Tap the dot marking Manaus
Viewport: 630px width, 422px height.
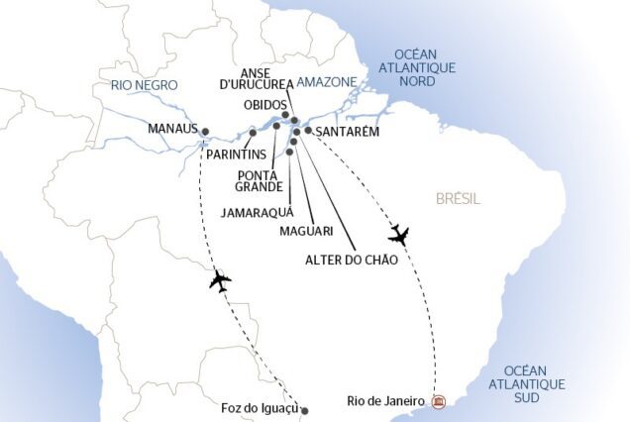point(205,131)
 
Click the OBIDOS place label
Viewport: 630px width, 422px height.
point(265,104)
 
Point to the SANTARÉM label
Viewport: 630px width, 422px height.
point(348,132)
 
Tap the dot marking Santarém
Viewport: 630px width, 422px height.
point(308,130)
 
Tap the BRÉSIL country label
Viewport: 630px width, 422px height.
point(458,199)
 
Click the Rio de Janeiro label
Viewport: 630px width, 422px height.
point(386,400)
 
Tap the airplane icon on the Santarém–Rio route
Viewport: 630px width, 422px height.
point(399,236)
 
